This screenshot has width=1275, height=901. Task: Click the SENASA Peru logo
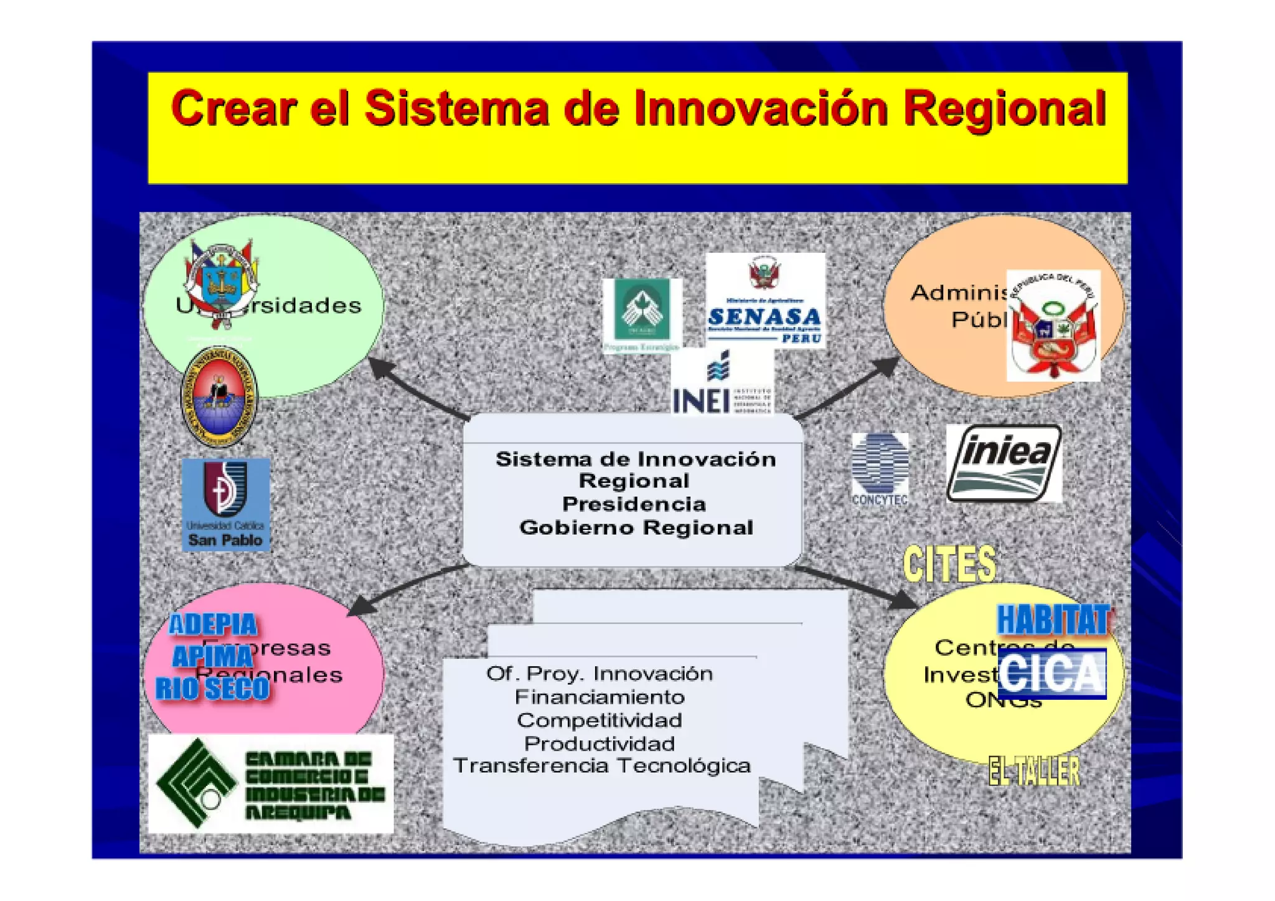(765, 301)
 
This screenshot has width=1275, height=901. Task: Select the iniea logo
(1004, 463)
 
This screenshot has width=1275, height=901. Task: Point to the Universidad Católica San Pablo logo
(226, 505)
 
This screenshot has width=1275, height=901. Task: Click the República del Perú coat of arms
(1053, 326)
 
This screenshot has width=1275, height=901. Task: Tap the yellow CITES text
(949, 564)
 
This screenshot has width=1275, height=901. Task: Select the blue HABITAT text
(1053, 620)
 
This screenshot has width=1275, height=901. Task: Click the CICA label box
(1052, 673)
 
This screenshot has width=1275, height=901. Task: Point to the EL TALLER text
(1034, 771)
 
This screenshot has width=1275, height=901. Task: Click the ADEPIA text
(213, 625)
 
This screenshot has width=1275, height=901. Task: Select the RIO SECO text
(212, 689)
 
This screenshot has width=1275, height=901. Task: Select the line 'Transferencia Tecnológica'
(601, 766)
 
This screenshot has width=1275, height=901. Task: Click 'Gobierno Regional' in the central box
(636, 527)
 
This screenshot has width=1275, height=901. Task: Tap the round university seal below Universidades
(219, 397)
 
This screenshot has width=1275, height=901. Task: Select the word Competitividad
(599, 720)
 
